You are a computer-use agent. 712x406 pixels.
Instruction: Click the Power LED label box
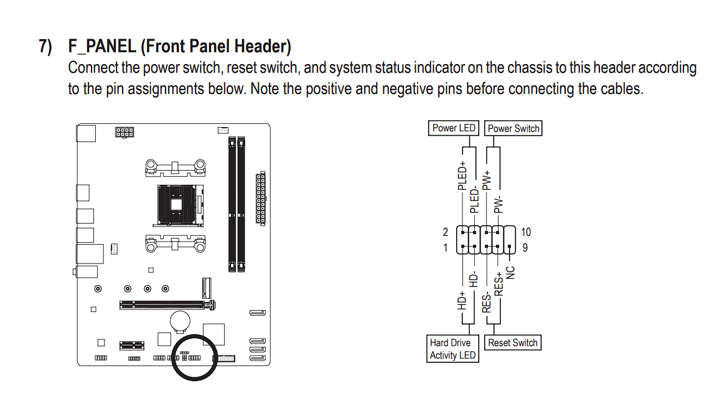(454, 128)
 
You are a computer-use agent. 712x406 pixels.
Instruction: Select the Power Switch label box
(513, 128)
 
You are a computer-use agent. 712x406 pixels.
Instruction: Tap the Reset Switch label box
(512, 342)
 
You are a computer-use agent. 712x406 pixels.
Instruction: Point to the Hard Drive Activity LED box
(452, 349)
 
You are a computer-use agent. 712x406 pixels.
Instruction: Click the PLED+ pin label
(462, 176)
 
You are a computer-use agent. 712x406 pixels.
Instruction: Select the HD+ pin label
(462, 301)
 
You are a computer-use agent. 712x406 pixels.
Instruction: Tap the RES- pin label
(487, 304)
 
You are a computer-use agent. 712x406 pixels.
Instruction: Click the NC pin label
(511, 273)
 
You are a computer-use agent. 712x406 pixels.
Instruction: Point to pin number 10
(526, 232)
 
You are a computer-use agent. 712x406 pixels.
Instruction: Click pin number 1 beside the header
(445, 248)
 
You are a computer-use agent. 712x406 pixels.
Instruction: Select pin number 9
(526, 248)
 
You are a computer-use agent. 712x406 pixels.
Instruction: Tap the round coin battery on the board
(180, 320)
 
